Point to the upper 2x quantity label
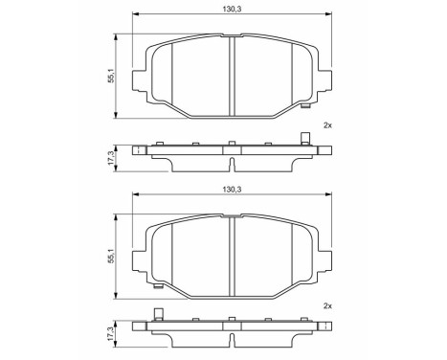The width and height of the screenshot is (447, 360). [328, 125]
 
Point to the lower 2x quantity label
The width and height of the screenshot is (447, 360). [328, 305]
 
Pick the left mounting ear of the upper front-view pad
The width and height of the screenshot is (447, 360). [141, 77]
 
